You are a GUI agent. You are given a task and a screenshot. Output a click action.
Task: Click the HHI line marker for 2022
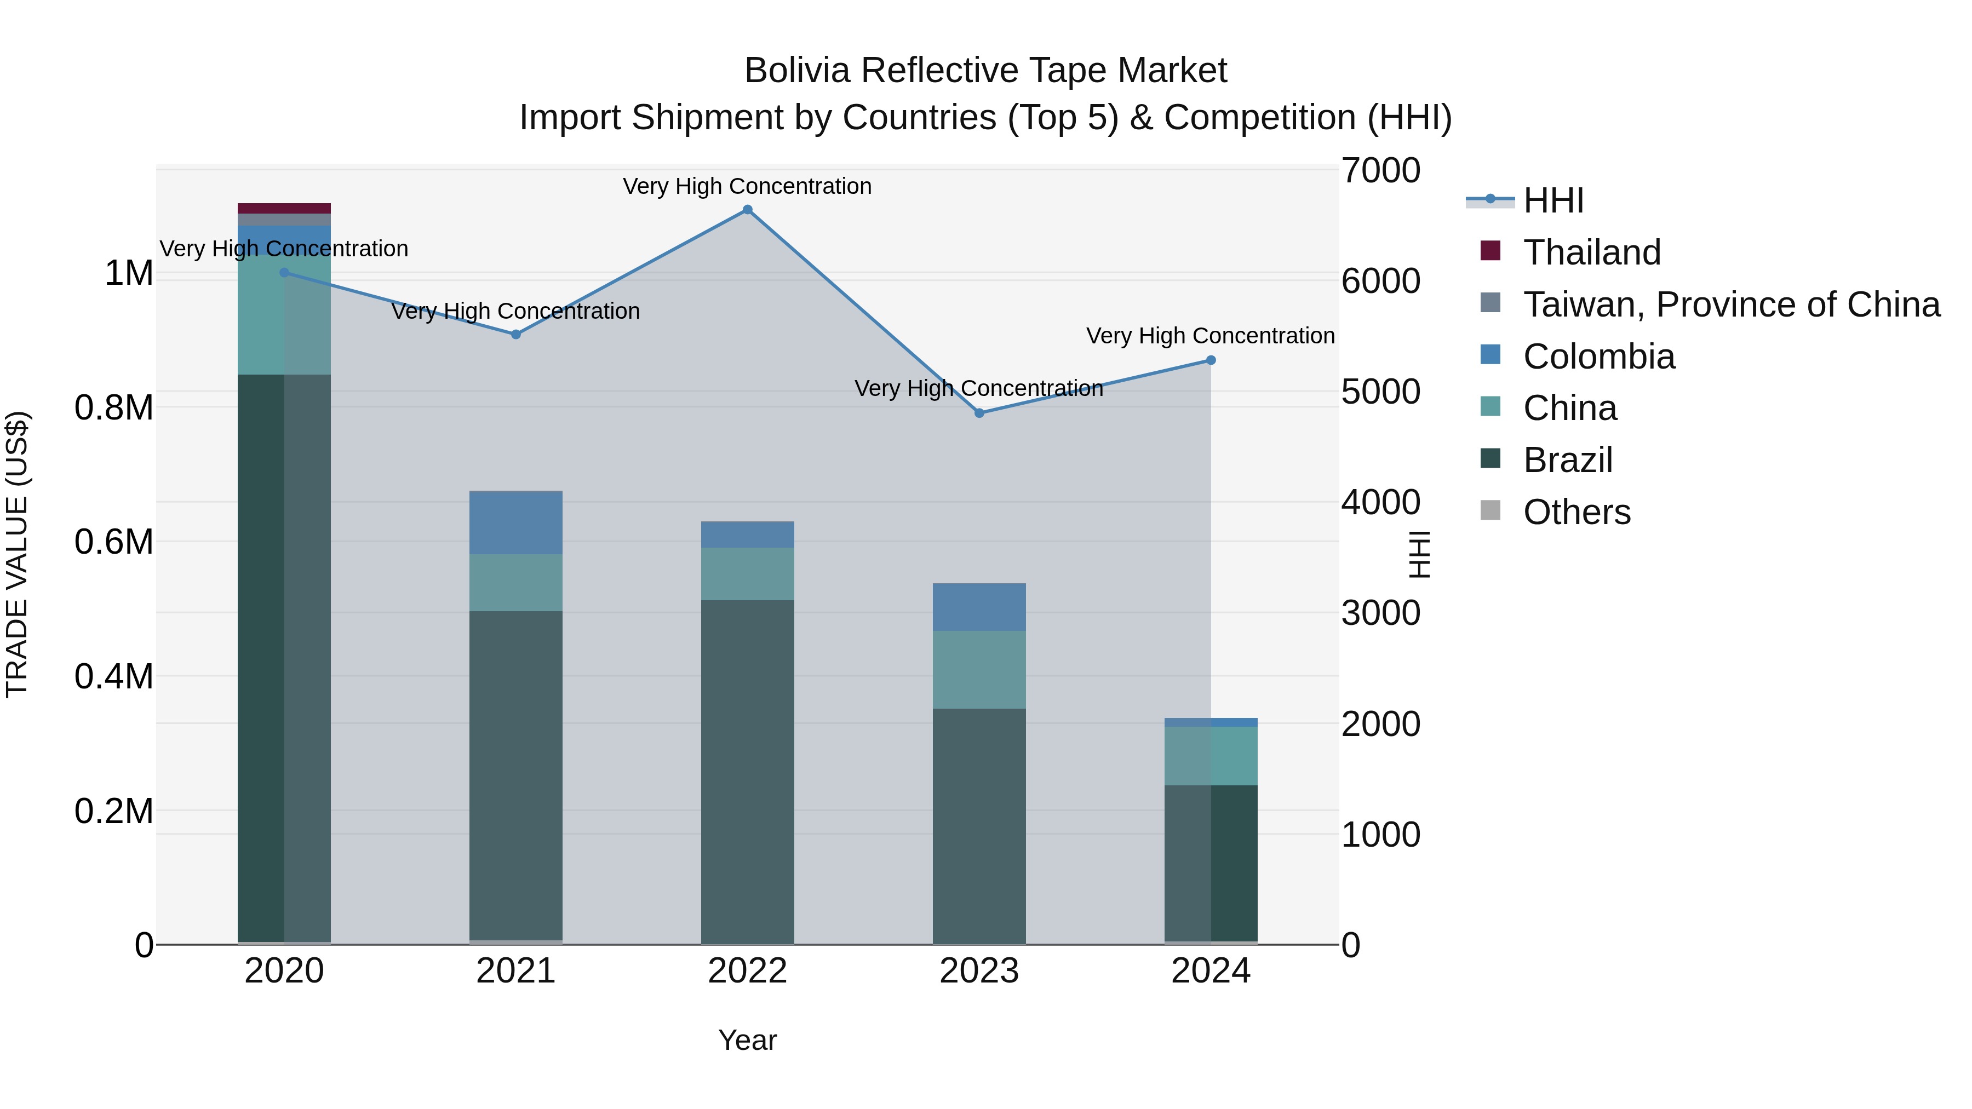(x=747, y=210)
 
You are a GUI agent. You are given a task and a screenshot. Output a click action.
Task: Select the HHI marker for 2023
(x=979, y=413)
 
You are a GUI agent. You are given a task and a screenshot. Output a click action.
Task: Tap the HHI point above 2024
(x=1210, y=360)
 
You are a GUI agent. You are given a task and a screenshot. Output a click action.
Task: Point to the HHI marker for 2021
(x=516, y=335)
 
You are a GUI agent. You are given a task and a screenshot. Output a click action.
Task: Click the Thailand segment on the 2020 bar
(x=284, y=208)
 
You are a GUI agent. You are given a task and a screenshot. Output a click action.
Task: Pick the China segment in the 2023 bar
(x=979, y=670)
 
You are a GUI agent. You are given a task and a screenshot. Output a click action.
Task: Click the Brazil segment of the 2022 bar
(x=747, y=772)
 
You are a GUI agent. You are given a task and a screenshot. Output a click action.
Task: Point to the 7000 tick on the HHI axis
(x=1380, y=171)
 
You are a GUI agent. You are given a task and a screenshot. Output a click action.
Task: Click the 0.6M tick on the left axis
(x=114, y=542)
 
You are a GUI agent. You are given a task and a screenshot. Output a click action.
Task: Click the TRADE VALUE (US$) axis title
(x=17, y=554)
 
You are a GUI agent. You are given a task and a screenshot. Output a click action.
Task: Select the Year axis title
(x=747, y=1040)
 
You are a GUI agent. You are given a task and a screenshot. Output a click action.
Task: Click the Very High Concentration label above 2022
(x=747, y=186)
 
